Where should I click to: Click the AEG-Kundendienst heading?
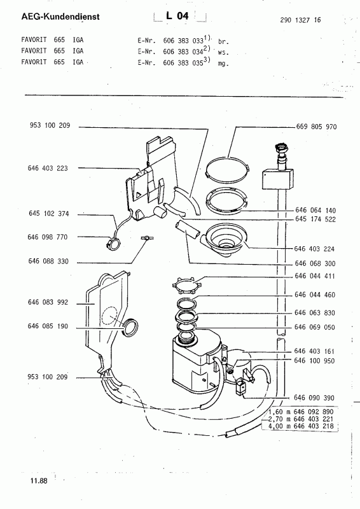[60, 17]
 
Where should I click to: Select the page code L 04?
[177, 15]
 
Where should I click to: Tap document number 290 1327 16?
[300, 20]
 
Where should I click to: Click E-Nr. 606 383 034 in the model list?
[170, 52]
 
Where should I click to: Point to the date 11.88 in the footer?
[39, 481]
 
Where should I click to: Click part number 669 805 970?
[316, 127]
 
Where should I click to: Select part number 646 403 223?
[48, 168]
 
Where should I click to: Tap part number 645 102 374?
[49, 213]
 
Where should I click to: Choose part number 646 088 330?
[48, 261]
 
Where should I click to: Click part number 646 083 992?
[48, 302]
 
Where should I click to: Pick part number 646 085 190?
[48, 326]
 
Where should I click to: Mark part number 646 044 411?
[315, 276]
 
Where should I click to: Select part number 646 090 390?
[314, 398]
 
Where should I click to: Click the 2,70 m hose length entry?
[301, 419]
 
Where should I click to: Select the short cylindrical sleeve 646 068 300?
[187, 229]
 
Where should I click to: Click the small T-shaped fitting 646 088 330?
[147, 238]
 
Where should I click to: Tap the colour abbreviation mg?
[223, 64]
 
